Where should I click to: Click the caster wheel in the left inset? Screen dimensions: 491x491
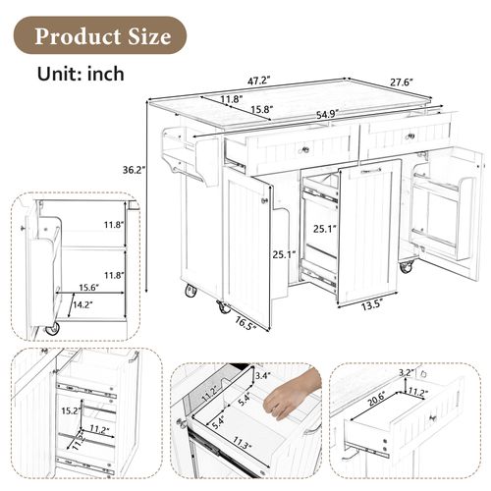click(x=51, y=329)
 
